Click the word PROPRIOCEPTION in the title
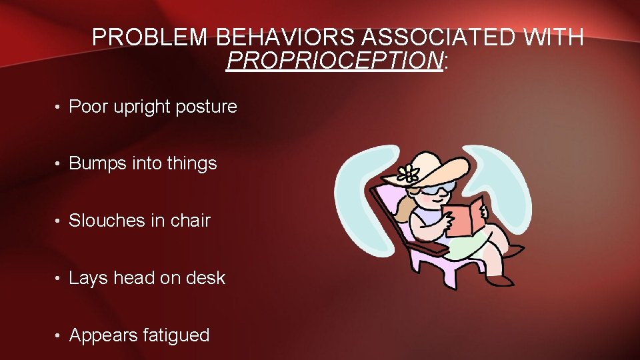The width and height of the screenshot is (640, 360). (x=335, y=61)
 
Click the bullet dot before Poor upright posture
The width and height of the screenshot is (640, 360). (x=59, y=107)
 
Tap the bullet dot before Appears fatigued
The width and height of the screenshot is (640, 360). (x=59, y=335)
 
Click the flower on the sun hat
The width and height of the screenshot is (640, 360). (x=408, y=175)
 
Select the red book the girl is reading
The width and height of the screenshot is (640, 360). (x=465, y=217)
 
